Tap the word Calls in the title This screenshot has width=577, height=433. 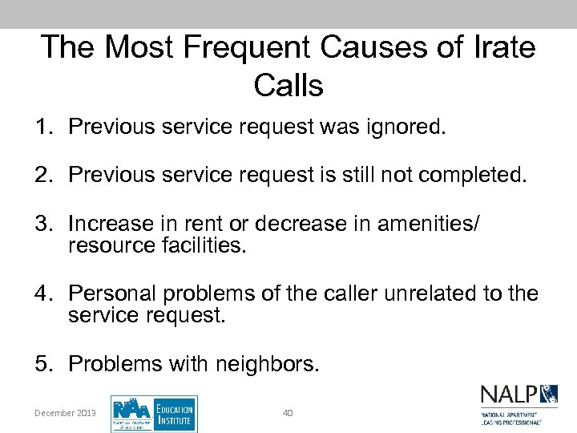[288, 84]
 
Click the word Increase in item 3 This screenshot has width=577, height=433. [110, 223]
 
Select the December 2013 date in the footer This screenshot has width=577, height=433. [65, 413]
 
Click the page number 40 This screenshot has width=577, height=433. [288, 413]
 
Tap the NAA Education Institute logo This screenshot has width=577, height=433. [154, 414]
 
